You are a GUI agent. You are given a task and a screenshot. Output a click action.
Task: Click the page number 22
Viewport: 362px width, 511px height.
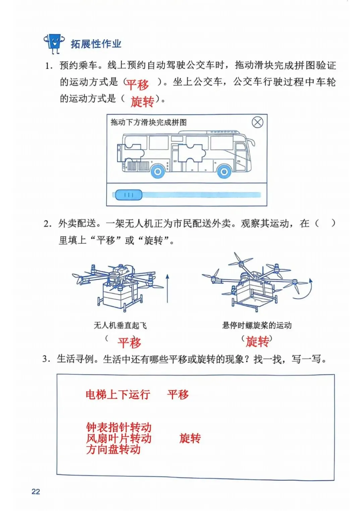tap(36, 491)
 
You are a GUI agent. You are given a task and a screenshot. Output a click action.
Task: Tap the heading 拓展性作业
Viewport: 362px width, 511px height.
tap(96, 44)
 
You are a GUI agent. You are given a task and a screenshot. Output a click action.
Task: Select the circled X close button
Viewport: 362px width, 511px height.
tap(257, 122)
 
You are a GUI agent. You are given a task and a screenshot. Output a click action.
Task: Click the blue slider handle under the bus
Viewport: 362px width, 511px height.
tap(129, 195)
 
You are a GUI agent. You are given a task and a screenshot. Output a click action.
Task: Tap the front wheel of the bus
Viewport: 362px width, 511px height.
tap(224, 172)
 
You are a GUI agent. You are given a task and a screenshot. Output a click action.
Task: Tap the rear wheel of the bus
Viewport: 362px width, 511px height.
tap(157, 172)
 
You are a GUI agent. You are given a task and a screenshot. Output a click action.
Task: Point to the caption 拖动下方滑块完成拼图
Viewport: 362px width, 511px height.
tap(148, 123)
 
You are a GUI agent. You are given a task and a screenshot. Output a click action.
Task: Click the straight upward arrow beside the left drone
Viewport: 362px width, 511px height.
tap(167, 288)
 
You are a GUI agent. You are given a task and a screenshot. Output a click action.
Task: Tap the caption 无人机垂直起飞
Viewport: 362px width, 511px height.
tap(120, 325)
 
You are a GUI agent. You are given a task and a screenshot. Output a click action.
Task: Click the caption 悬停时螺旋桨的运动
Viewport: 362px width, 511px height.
tap(257, 325)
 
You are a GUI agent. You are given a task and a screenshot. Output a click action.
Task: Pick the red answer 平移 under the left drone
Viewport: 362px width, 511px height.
tap(129, 343)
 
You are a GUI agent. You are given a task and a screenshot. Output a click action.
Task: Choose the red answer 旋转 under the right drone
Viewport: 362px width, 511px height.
tap(257, 342)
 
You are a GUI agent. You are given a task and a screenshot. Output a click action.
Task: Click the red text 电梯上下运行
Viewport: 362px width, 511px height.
tap(118, 394)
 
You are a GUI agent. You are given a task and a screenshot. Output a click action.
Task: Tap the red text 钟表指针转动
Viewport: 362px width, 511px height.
tap(119, 427)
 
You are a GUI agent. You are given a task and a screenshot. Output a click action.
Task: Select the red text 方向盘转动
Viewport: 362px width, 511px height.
tap(113, 449)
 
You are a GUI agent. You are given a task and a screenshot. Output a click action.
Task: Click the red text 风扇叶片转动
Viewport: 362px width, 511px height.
tap(119, 438)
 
